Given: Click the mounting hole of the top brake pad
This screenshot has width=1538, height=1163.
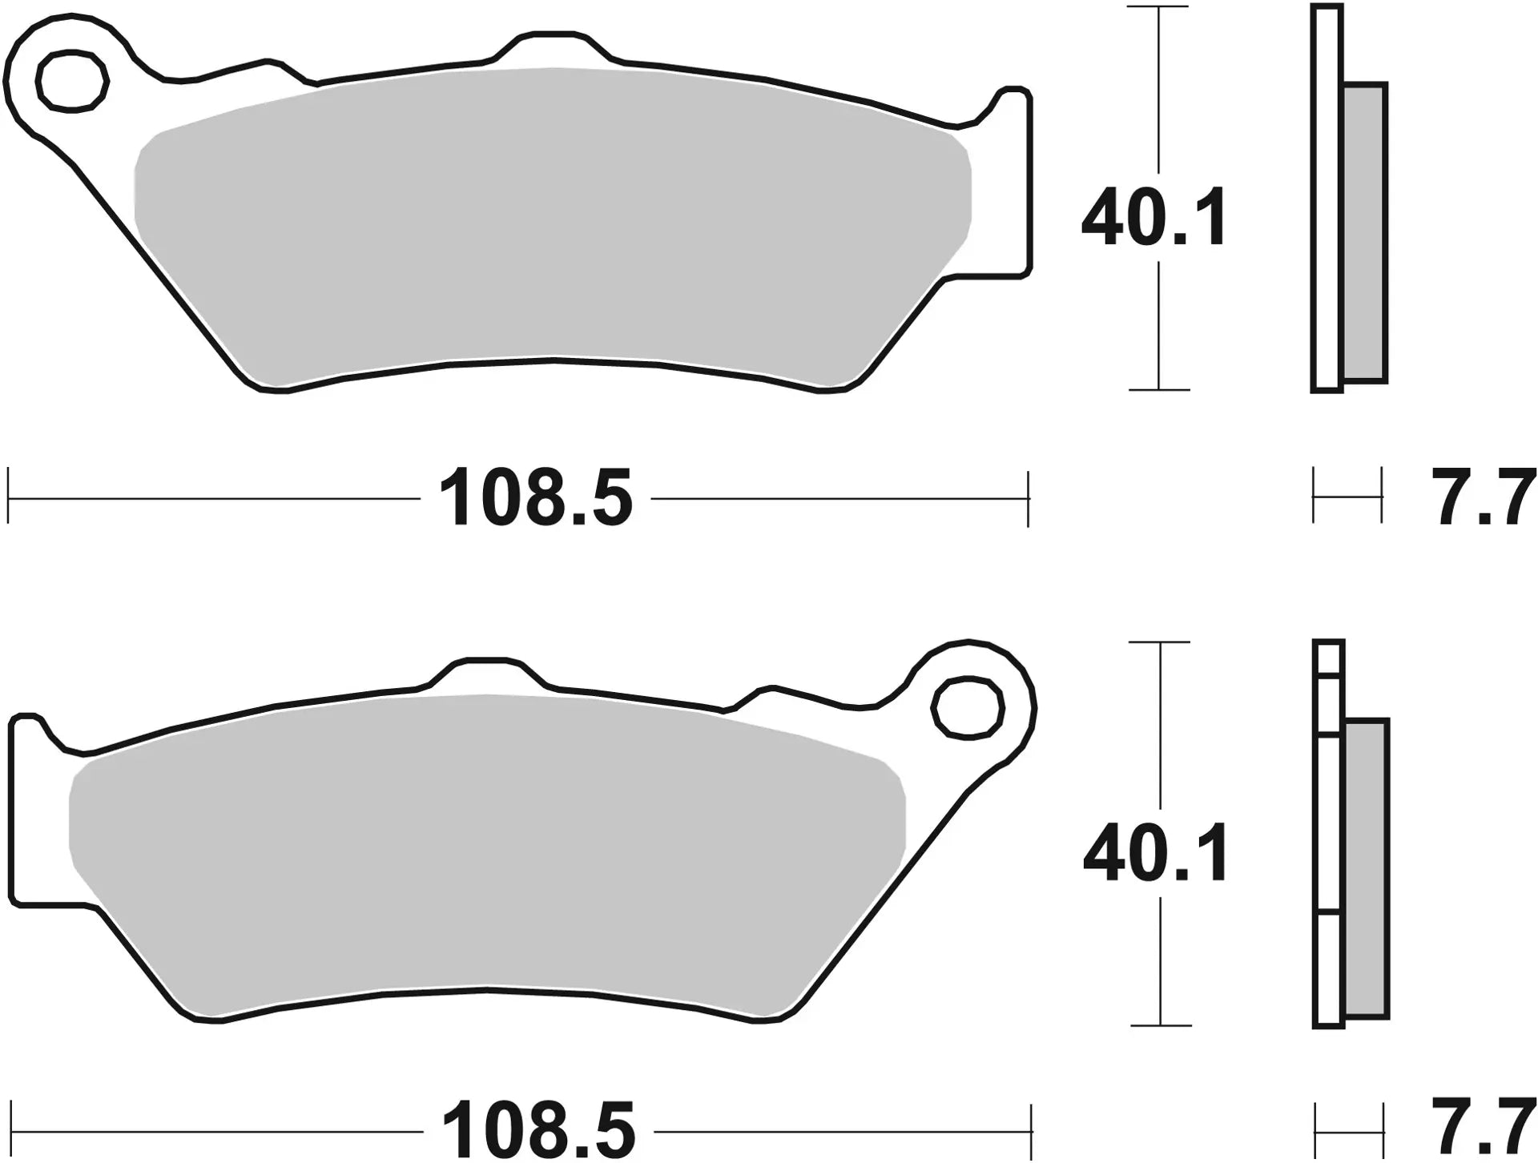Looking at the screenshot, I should pos(72,80).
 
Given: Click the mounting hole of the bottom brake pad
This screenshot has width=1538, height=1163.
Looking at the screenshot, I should pos(968,706).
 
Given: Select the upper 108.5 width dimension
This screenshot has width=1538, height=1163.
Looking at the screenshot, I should pos(535,499).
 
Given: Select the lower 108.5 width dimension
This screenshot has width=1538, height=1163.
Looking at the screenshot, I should pos(538,1132).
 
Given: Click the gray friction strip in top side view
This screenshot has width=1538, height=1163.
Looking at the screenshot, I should pos(1364,232).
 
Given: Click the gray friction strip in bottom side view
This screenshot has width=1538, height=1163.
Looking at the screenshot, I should pos(1366,869).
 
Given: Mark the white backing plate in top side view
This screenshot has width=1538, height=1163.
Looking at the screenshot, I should pos(1327,200).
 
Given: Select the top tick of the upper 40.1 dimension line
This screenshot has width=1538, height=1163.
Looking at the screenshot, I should pos(1158,7).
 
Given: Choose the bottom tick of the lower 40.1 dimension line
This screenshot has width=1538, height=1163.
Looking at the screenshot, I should pos(1160,1025).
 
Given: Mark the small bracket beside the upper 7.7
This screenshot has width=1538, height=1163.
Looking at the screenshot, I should pos(1347,497).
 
